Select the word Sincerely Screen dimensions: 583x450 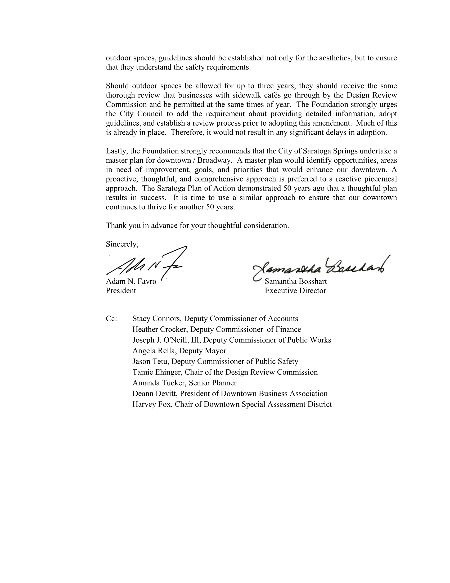[x=122, y=244]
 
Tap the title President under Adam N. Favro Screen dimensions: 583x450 [x=121, y=291]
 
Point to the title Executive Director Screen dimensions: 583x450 [x=295, y=291]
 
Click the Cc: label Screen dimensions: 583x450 [x=111, y=319]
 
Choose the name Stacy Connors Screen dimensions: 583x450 [x=156, y=319]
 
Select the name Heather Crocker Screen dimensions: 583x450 [x=159, y=329]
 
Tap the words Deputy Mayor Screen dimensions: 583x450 [x=202, y=351]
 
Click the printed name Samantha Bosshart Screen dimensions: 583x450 [x=296, y=281]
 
